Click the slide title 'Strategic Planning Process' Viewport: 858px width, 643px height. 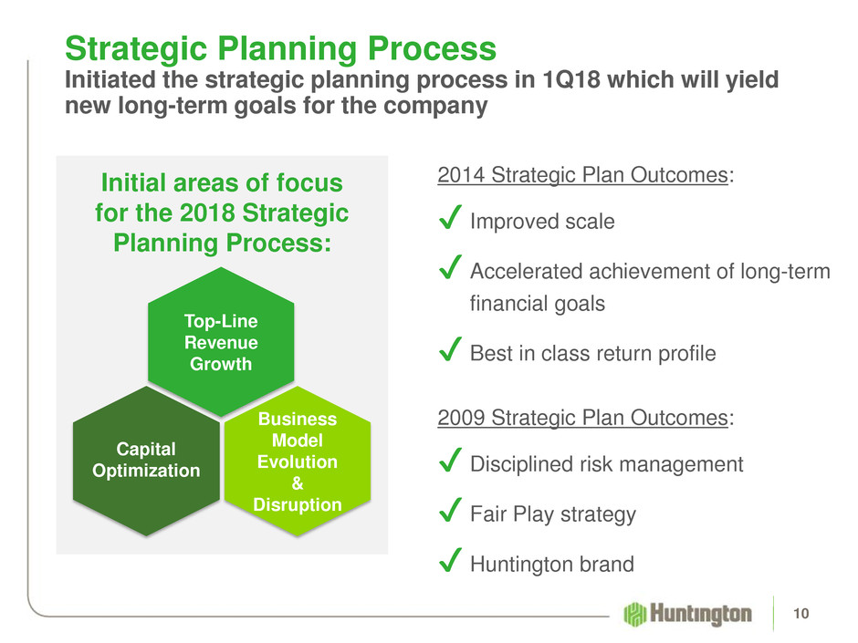tap(280, 48)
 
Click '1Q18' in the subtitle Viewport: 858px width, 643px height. tap(570, 80)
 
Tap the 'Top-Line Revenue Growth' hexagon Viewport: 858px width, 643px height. tap(221, 342)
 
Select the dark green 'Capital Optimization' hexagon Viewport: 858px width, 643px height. tap(146, 461)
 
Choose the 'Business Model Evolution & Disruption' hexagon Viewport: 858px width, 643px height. tap(298, 461)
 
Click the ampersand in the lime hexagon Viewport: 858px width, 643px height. tap(298, 483)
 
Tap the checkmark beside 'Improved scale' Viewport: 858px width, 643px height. tap(450, 217)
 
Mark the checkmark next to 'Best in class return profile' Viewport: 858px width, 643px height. tap(450, 349)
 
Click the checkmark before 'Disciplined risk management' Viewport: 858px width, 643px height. tap(450, 460)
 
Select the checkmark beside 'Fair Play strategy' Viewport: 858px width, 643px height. tap(450, 510)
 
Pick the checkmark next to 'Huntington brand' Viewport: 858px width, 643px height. tap(450, 560)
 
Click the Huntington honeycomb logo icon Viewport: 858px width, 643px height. tap(634, 614)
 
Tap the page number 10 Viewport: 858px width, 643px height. tap(801, 614)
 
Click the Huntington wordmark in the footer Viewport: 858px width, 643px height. tap(701, 614)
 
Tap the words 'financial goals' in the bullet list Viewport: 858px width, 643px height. tap(538, 304)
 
